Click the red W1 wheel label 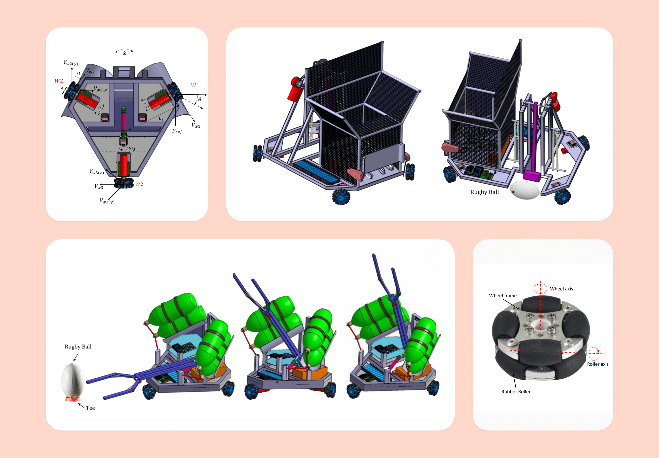click(195, 85)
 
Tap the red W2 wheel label click(59, 81)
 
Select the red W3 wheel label click(139, 184)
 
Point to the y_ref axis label click(177, 131)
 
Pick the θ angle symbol click(200, 99)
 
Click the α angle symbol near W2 click(79, 73)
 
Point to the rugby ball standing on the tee click(73, 380)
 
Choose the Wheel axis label click(562, 289)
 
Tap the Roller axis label click(598, 364)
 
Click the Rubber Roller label click(516, 391)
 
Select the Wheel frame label click(503, 296)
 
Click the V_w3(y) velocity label click(107, 201)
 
